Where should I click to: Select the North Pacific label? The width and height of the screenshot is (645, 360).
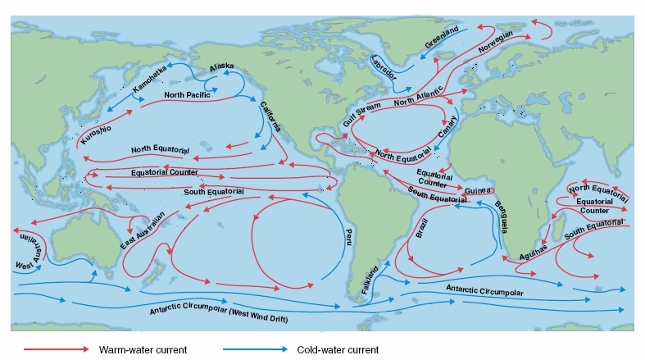coord(187,96)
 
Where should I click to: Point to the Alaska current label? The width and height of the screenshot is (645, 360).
coord(221,67)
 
